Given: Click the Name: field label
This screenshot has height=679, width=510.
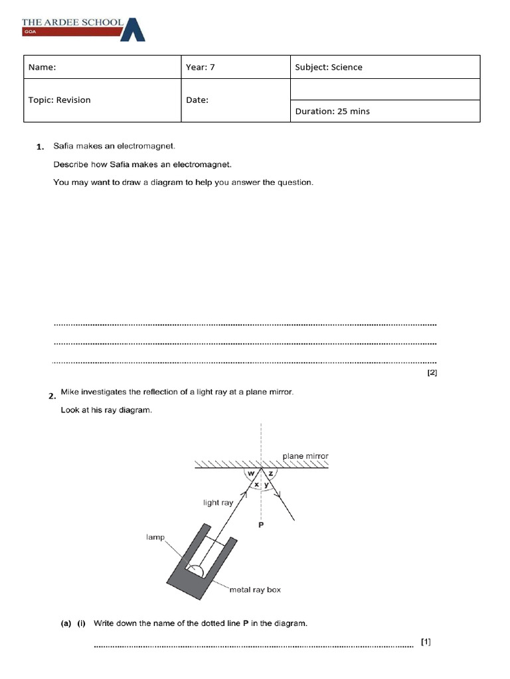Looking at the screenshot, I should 42,67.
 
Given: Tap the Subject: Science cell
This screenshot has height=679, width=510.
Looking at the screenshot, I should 329,67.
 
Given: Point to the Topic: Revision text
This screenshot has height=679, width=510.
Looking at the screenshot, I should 59,100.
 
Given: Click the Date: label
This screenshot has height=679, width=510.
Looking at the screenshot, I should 197,100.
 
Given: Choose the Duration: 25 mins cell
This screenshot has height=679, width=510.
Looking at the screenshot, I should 332,111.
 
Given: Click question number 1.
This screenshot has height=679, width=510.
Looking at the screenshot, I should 41,147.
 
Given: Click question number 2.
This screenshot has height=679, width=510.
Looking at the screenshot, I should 51,396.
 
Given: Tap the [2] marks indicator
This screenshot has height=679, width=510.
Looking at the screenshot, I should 432,373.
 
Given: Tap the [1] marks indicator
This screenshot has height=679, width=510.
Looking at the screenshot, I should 426,642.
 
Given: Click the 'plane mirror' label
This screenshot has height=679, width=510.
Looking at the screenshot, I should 305,456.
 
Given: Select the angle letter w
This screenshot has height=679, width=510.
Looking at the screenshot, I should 251,473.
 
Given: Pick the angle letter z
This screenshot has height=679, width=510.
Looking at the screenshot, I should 271,473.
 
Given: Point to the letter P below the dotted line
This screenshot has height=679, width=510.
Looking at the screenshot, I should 261,525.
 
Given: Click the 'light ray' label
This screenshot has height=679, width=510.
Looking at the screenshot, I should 218,503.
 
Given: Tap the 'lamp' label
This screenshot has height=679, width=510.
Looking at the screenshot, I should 155,537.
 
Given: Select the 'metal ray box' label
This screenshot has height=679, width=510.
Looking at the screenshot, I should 255,589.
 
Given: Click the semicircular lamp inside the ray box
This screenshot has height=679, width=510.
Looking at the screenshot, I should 196,570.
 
